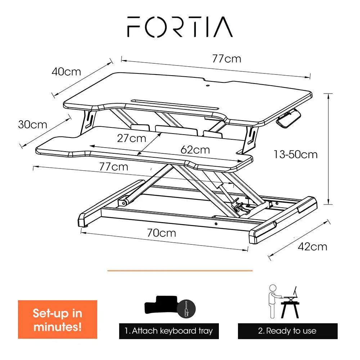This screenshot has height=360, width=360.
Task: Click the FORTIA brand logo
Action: [180, 27]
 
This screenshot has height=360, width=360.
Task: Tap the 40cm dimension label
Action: [66, 72]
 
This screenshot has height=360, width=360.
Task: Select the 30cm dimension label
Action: [33, 125]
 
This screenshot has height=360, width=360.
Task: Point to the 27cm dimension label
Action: [131, 139]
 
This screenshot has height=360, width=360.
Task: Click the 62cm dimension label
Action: [195, 150]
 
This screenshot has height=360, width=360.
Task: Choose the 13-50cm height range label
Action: [296, 154]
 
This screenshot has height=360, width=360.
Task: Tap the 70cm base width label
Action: [162, 233]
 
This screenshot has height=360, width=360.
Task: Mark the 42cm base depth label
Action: [312, 247]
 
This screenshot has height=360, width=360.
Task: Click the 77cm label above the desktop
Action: [226, 59]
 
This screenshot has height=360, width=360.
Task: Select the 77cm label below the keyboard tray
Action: [114, 167]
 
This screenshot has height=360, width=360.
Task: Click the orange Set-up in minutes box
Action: [57, 319]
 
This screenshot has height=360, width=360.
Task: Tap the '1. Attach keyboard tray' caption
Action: [169, 331]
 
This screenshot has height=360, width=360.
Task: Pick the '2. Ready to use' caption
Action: [287, 331]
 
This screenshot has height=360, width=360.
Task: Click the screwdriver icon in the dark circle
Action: [186, 309]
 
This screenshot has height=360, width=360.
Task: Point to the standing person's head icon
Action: [273, 288]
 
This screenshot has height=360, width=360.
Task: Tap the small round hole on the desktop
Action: [208, 86]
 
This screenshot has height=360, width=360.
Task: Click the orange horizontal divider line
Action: [180, 271]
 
